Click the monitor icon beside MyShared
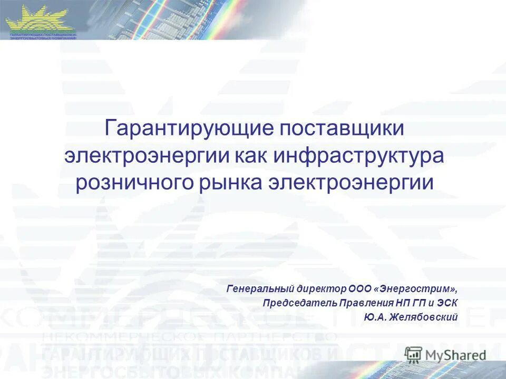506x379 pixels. tap(414, 354)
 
